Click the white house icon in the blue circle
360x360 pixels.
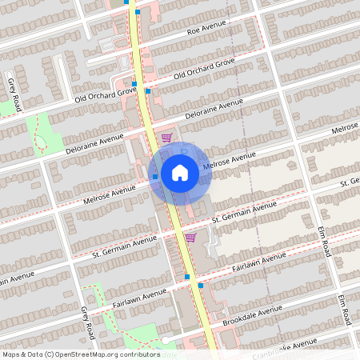click(x=179, y=172)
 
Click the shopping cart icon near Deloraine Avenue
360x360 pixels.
click(x=166, y=138)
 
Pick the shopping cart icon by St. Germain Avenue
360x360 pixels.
click(x=190, y=237)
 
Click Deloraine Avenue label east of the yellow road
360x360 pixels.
click(x=213, y=110)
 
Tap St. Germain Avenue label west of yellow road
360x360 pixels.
click(x=123, y=244)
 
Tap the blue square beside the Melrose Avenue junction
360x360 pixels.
click(x=154, y=176)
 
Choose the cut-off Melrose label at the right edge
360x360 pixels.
click(x=345, y=128)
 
